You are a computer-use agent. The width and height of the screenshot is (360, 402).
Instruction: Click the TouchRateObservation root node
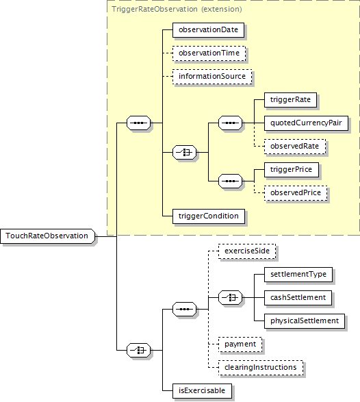[x=47, y=236]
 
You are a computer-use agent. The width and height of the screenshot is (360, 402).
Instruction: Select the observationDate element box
[x=208, y=30]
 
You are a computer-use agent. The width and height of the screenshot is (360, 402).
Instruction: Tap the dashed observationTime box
[x=209, y=53]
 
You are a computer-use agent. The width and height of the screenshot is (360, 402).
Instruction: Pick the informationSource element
[x=212, y=77]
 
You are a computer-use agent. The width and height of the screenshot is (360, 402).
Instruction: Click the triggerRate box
[x=291, y=100]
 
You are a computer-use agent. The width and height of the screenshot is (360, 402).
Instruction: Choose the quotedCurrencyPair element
[x=306, y=123]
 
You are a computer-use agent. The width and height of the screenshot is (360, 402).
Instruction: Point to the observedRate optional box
[x=295, y=147]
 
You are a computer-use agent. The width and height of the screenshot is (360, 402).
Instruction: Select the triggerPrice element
[x=292, y=170]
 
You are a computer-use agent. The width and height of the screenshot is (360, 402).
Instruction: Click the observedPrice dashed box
[x=296, y=193]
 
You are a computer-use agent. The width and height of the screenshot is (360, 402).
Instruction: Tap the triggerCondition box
[x=209, y=216]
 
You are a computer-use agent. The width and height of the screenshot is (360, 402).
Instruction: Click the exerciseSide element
[x=247, y=251]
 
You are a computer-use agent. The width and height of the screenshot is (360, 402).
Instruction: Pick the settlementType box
[x=298, y=275]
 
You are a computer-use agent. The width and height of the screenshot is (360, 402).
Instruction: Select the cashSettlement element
[x=298, y=298]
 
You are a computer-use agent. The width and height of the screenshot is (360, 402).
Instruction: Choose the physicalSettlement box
[x=305, y=321]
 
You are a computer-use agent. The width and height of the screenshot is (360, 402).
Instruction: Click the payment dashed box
[x=240, y=344]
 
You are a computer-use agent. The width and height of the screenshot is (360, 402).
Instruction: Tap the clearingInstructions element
[x=261, y=368]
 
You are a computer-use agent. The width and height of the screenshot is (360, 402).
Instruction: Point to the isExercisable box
[x=202, y=391]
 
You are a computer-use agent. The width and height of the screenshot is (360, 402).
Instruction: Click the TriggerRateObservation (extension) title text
[x=177, y=9]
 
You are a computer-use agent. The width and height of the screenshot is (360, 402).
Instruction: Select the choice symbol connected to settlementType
[x=230, y=298]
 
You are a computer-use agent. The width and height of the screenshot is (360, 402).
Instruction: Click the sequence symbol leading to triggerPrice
[x=230, y=181]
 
